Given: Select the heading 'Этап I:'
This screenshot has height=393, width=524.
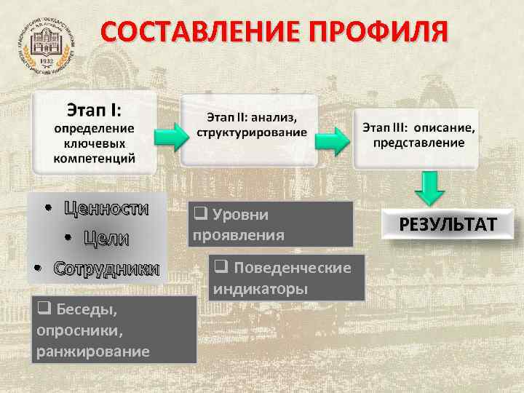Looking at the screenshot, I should coord(95,111).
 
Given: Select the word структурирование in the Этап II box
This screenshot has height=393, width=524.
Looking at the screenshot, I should coord(252,132).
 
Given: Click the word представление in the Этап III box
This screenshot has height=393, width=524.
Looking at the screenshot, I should coord(418,142).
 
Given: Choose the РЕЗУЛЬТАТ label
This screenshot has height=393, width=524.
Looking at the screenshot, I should coord(448,223).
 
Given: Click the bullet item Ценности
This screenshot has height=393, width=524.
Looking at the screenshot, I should coord(106,209).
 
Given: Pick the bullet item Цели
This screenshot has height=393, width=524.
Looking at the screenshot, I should coord(106,238).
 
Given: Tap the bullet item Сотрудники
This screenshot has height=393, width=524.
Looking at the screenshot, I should coord(106,268).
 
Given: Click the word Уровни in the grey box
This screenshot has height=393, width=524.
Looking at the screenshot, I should coord(240,215).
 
